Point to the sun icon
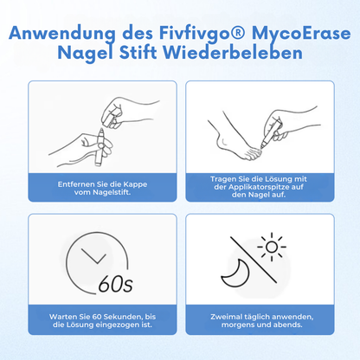tap(273, 247)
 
